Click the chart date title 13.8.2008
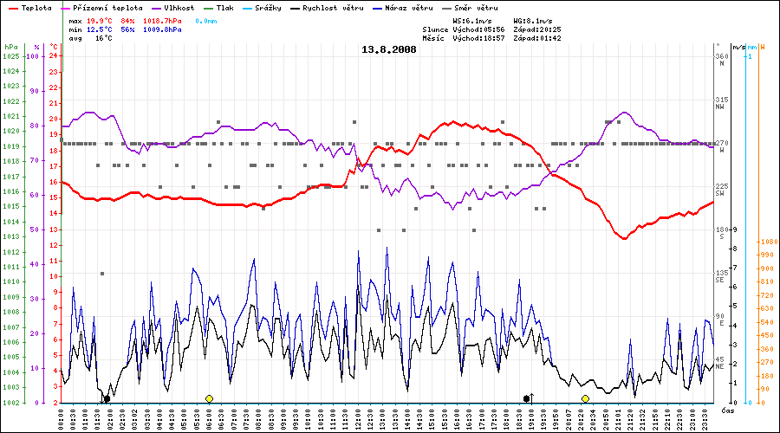pyautogui.click(x=389, y=49)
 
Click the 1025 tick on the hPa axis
pyautogui.click(x=10, y=56)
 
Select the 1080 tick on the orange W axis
pyautogui.click(x=768, y=242)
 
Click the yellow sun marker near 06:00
pyautogui.click(x=209, y=398)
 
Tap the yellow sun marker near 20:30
pyautogui.click(x=585, y=398)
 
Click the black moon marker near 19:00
pyautogui.click(x=527, y=398)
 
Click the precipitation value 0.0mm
pyautogui.click(x=205, y=19)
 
